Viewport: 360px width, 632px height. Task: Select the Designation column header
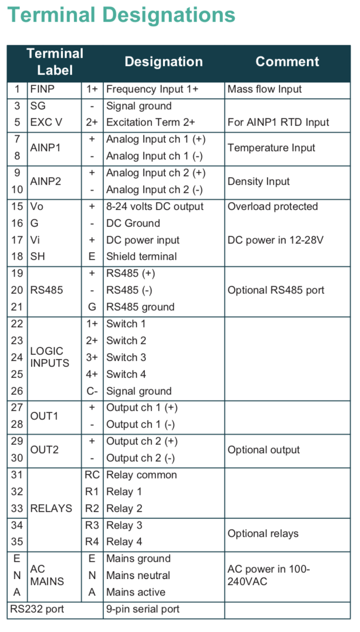[x=164, y=62]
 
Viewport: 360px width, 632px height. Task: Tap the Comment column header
[x=287, y=62]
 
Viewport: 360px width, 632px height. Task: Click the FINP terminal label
[x=42, y=89]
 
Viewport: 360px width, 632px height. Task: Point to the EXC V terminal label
[x=46, y=122]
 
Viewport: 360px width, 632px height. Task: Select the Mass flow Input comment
[x=265, y=89]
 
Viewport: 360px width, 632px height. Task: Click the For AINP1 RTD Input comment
[x=278, y=122]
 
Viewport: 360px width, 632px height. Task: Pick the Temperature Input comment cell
[x=271, y=148]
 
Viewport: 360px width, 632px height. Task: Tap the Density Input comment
[x=259, y=181]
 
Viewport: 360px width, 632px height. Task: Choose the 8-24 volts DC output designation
[x=155, y=206]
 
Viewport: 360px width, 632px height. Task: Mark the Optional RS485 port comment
[x=276, y=290]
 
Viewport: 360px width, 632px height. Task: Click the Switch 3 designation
[x=126, y=357]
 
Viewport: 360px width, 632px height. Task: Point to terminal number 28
[x=17, y=424]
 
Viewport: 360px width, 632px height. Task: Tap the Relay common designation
[x=141, y=475]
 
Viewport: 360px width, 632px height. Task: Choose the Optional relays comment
[x=263, y=533]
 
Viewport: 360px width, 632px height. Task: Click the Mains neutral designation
[x=138, y=575]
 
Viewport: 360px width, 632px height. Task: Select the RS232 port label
[x=37, y=609]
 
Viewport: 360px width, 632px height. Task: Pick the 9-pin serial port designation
[x=143, y=609]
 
